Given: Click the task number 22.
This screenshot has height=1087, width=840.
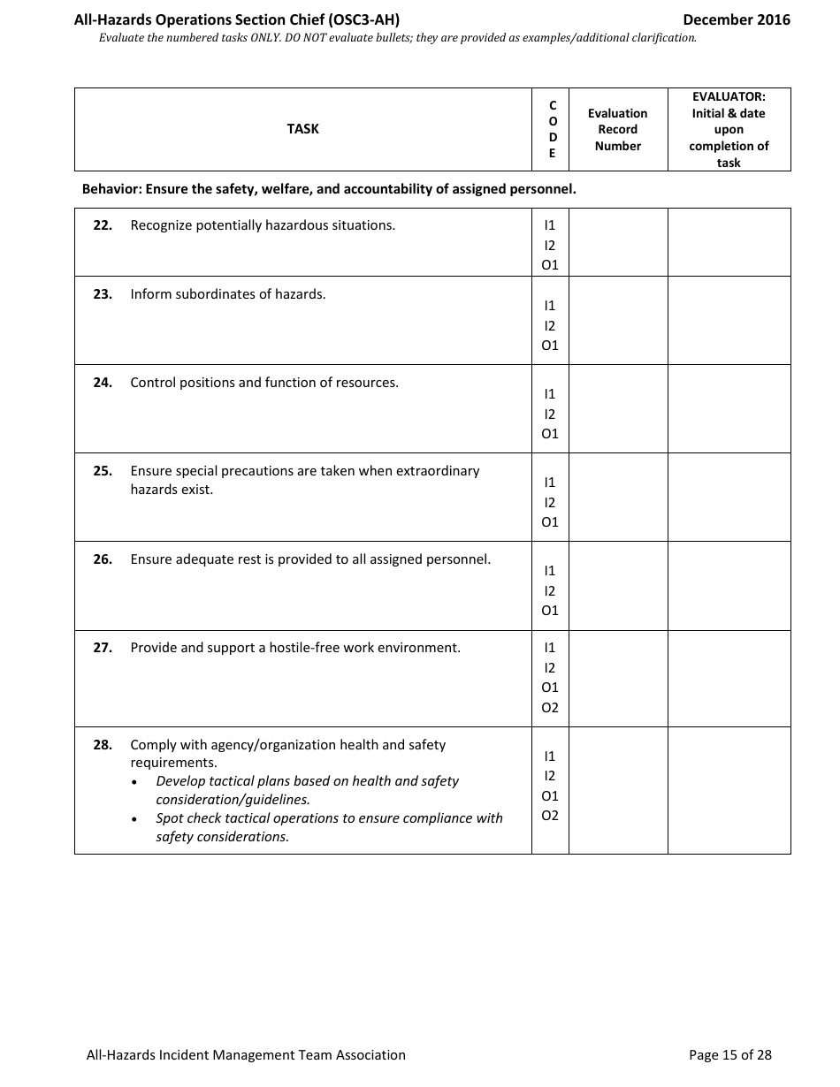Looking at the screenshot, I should coord(103,225).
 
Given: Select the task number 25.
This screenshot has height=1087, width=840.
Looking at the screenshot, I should coord(103,471).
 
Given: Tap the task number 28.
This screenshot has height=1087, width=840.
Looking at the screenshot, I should coord(103,745).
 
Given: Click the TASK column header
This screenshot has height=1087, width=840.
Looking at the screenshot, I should coord(302,129).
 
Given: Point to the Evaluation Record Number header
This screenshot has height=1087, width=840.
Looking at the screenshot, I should coord(617,129).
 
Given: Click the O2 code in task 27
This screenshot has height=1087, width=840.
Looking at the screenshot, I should coord(550,707).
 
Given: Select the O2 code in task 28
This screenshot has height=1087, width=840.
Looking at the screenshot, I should coord(550,815).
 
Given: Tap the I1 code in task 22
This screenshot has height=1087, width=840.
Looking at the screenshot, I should coord(550,226).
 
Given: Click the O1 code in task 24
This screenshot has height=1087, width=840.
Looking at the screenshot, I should coord(550,433).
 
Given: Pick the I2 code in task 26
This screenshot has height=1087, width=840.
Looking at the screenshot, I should coord(550,590).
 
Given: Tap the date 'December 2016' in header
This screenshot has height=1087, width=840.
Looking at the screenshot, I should coord(737,19).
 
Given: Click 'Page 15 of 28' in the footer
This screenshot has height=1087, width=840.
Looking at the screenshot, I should coord(729,1054).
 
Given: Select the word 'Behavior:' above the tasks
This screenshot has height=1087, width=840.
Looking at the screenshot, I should coord(111,189).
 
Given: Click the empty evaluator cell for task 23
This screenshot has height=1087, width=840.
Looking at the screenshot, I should coord(729,320).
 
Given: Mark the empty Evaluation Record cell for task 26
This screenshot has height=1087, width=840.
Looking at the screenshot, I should coord(617,585).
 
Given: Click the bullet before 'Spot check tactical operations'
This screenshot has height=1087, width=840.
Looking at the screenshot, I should coord(134,819).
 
